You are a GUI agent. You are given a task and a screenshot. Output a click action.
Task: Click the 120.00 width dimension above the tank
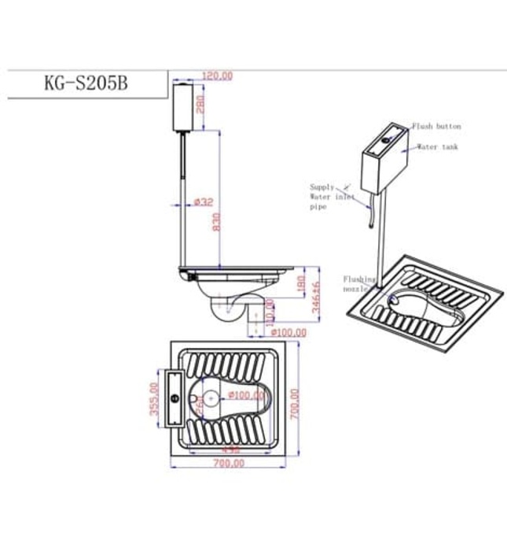click(x=217, y=76)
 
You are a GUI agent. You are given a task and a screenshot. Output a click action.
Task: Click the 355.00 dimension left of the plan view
click(x=155, y=398)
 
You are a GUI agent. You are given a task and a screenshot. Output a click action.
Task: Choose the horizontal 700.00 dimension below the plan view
click(x=229, y=464)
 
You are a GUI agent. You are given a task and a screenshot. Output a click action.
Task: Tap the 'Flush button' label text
click(x=436, y=126)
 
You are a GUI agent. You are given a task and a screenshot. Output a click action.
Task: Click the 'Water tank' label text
click(x=437, y=147)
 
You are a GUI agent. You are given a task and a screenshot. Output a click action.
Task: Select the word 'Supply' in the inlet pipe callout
click(x=321, y=187)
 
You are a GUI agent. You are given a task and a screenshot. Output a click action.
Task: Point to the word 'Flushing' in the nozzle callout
click(x=357, y=279)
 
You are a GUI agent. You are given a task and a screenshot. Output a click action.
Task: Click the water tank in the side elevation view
click(x=183, y=108)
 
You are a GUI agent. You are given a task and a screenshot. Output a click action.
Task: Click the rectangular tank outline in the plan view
click(x=175, y=398)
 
